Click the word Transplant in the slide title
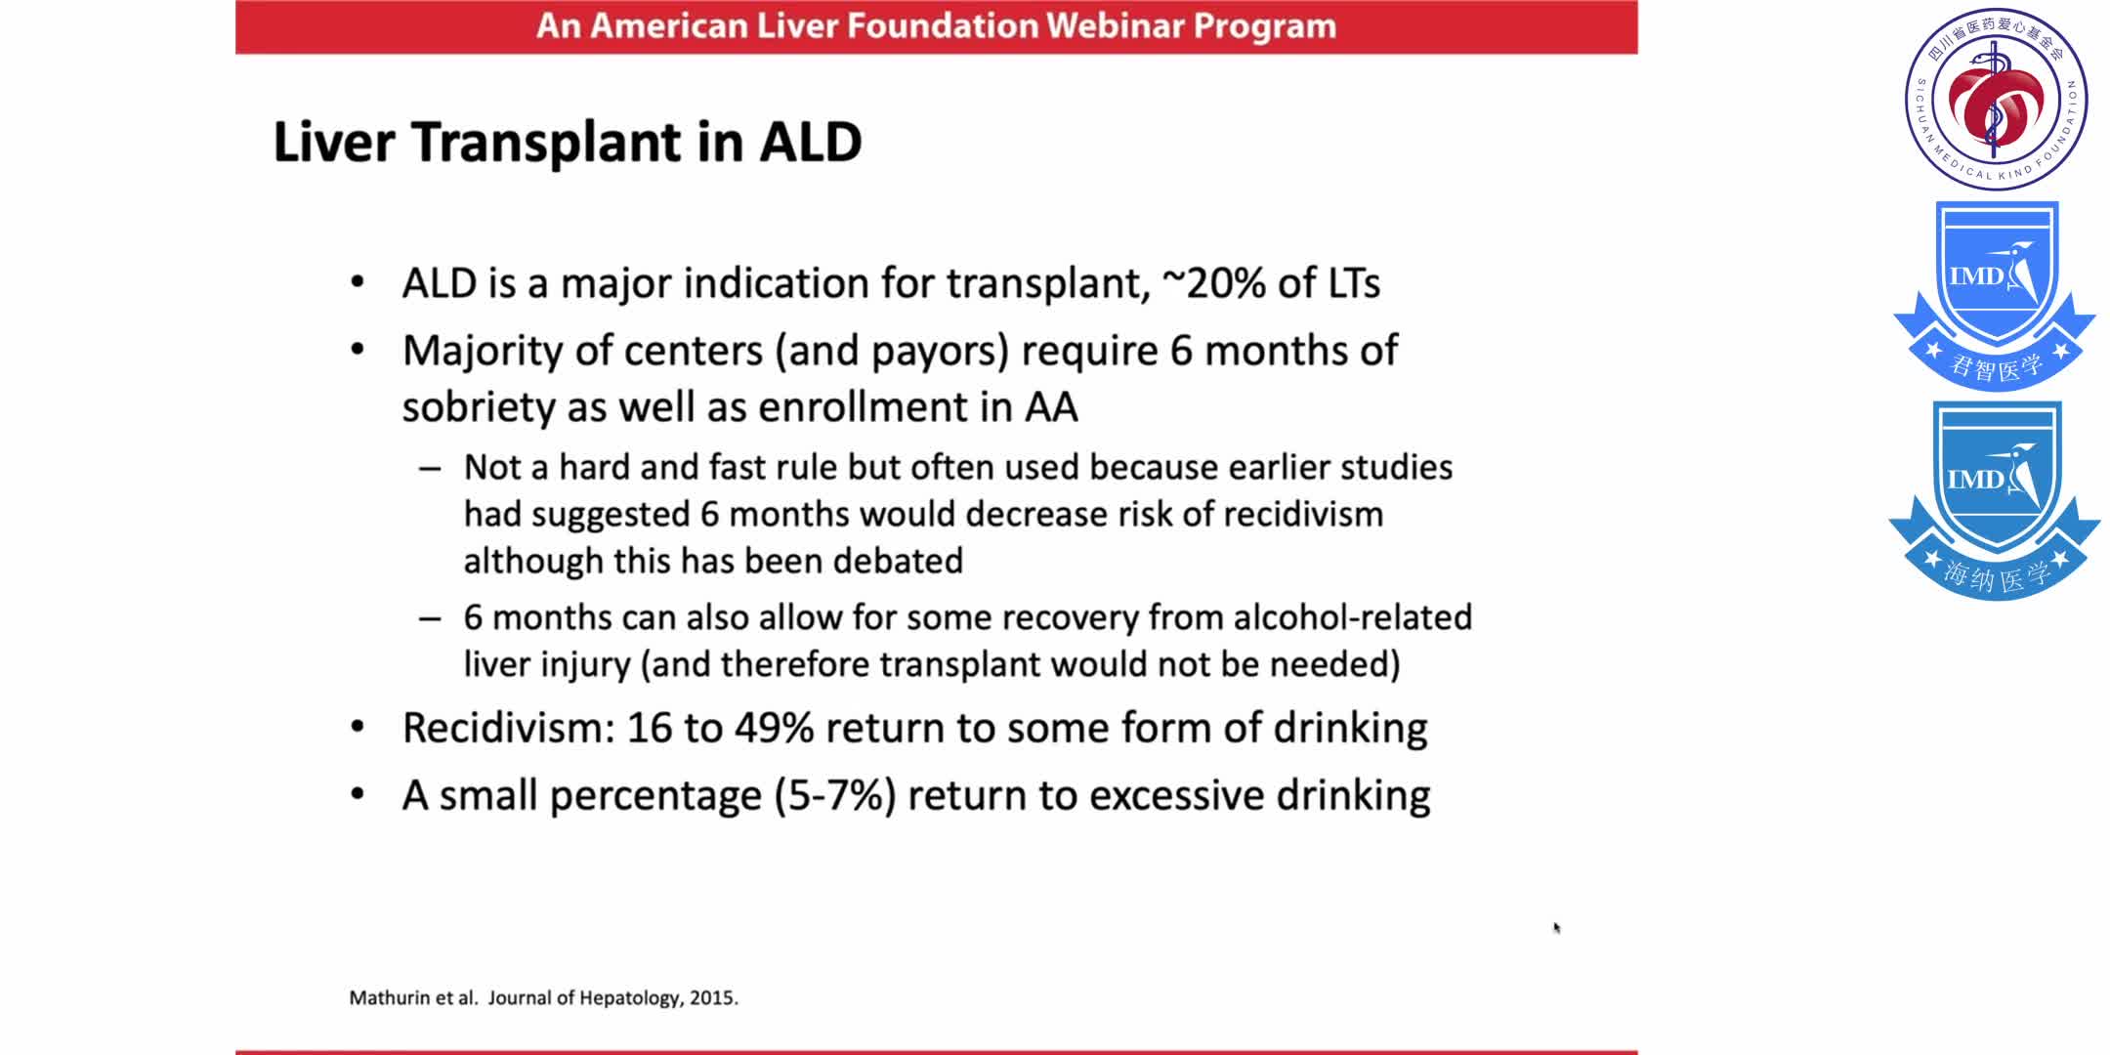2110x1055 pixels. (x=545, y=143)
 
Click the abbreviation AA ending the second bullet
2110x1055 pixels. (x=1050, y=407)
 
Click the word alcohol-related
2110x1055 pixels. (x=1352, y=617)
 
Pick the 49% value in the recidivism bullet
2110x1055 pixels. (x=774, y=729)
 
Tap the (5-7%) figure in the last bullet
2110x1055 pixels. (x=835, y=796)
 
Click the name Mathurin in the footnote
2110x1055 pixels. (x=390, y=998)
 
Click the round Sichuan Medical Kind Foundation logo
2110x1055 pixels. (x=1996, y=99)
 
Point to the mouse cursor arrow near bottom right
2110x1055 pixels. (x=1556, y=927)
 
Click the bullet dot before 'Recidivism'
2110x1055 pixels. (x=358, y=728)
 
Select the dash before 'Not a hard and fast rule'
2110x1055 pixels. (x=430, y=469)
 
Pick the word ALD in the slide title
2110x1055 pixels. (x=811, y=143)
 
